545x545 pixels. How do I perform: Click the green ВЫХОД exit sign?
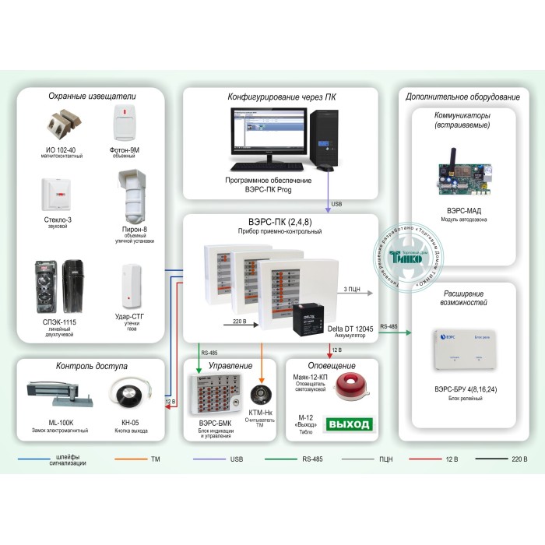351,425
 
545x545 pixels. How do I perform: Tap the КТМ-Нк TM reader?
262,394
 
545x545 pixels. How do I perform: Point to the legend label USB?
237,460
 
